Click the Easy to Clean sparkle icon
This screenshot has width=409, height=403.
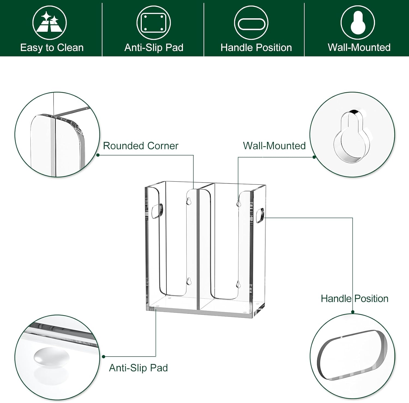click(x=49, y=23)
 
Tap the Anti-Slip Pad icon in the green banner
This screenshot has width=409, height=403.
click(x=154, y=23)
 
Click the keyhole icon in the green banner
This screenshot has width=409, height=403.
click(x=358, y=23)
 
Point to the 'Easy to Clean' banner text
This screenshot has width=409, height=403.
click(x=52, y=48)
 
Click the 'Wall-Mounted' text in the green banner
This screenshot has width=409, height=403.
click(x=359, y=47)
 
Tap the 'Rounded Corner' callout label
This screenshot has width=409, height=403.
click(x=140, y=146)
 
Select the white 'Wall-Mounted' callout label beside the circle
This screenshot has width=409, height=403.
click(x=274, y=146)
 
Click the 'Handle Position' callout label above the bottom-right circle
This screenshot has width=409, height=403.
click(x=354, y=298)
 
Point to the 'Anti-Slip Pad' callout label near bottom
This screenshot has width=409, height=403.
click(x=138, y=368)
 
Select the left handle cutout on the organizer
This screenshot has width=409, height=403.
click(x=157, y=211)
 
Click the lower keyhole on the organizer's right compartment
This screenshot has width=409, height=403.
click(x=238, y=284)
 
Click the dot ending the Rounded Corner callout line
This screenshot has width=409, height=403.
click(x=98, y=155)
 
